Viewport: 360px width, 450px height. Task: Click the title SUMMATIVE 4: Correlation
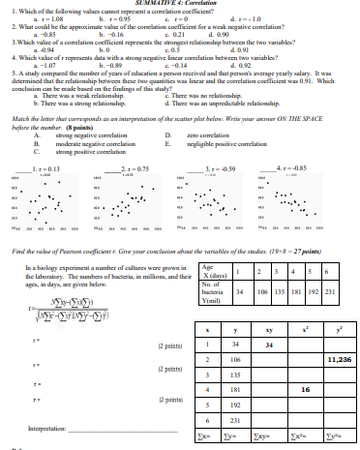click(180, 4)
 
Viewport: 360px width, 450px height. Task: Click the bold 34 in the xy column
click(269, 344)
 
